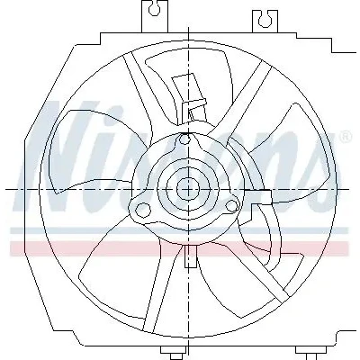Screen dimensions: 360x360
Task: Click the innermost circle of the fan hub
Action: (x=188, y=189)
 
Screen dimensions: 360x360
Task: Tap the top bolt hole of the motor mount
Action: (x=185, y=139)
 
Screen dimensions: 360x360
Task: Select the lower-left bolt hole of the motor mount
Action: (x=143, y=209)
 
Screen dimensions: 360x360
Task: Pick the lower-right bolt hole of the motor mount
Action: (x=231, y=206)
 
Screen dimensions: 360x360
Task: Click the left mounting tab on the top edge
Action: (x=155, y=16)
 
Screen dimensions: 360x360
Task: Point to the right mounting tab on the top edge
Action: (x=265, y=21)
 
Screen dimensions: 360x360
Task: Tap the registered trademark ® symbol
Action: (x=345, y=137)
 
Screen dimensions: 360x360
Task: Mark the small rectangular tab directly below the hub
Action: (x=190, y=256)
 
